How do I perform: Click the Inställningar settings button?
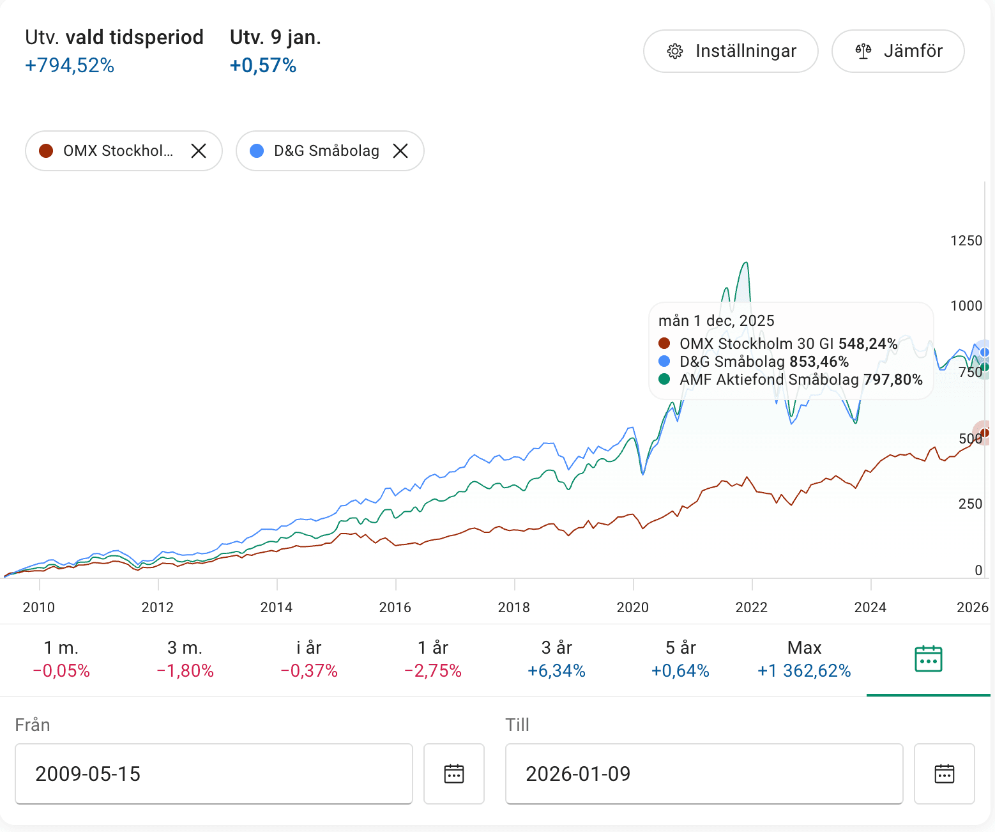731,51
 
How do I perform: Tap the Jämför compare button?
898,51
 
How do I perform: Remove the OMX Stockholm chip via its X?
199,151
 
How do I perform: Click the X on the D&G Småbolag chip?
400,151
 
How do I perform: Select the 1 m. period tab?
61,659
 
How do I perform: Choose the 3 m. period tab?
185,659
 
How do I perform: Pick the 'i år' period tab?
309,659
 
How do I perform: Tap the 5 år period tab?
681,659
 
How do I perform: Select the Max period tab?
804,659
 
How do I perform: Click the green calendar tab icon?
928,659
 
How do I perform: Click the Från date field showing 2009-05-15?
213,774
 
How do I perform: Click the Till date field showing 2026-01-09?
704,774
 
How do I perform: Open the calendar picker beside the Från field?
454,774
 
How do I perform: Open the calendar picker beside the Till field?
944,774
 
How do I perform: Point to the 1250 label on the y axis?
966,241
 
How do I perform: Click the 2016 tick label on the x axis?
395,607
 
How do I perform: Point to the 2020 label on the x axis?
633,607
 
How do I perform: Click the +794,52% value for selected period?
70,65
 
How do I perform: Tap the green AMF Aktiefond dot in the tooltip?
664,379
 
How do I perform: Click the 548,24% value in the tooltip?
868,344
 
